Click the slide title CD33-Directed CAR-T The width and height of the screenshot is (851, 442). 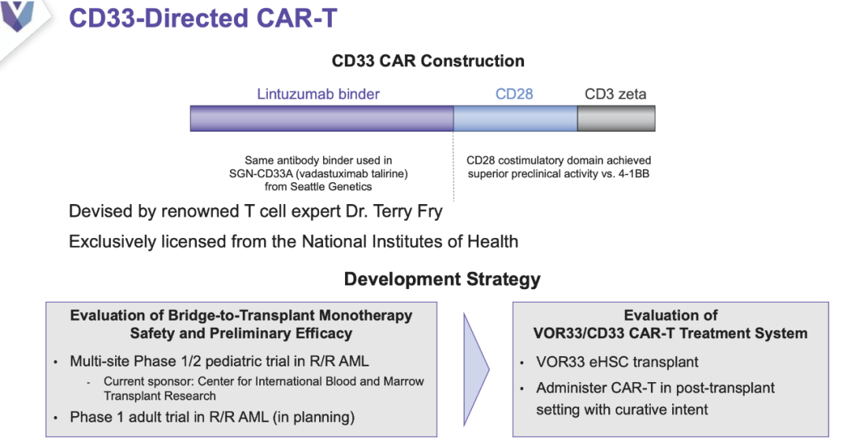[x=203, y=18]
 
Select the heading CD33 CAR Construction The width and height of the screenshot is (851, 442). [x=428, y=61]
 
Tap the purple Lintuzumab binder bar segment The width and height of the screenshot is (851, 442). [x=321, y=118]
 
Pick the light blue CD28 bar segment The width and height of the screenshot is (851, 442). [x=515, y=118]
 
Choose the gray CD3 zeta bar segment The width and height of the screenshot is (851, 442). [x=616, y=118]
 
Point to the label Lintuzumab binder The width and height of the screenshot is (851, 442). [x=318, y=94]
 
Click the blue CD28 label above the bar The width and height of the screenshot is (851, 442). [x=514, y=94]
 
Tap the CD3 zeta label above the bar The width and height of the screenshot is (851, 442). [x=615, y=94]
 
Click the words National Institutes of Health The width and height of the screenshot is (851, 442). [x=410, y=241]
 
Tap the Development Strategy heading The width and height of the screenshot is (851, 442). [x=442, y=279]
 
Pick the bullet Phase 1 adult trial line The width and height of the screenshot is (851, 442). [x=212, y=417]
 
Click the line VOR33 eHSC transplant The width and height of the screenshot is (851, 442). [x=617, y=362]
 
